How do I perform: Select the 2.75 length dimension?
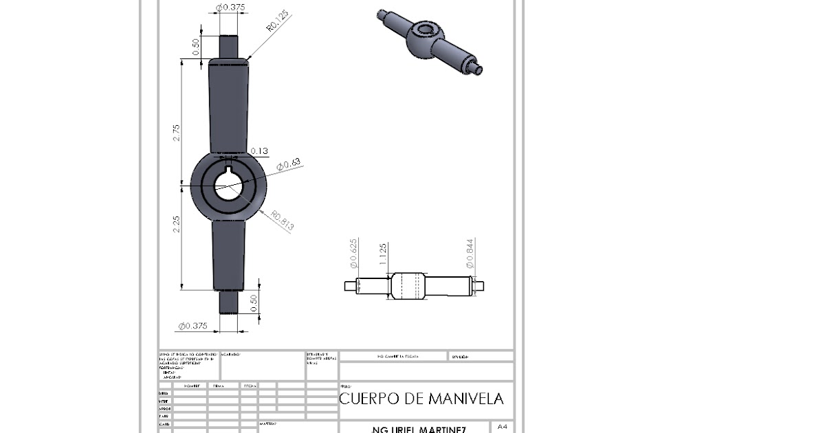point(177,133)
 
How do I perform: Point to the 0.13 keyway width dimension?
point(259,151)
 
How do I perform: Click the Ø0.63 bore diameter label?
point(289,164)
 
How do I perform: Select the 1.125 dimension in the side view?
point(383,256)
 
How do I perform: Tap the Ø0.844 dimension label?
point(470,254)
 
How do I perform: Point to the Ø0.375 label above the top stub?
point(230,7)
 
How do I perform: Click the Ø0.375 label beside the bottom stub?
point(193,326)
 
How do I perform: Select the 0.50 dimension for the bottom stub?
point(254,302)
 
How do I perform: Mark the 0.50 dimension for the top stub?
point(196,47)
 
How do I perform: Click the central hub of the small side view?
point(408,285)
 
